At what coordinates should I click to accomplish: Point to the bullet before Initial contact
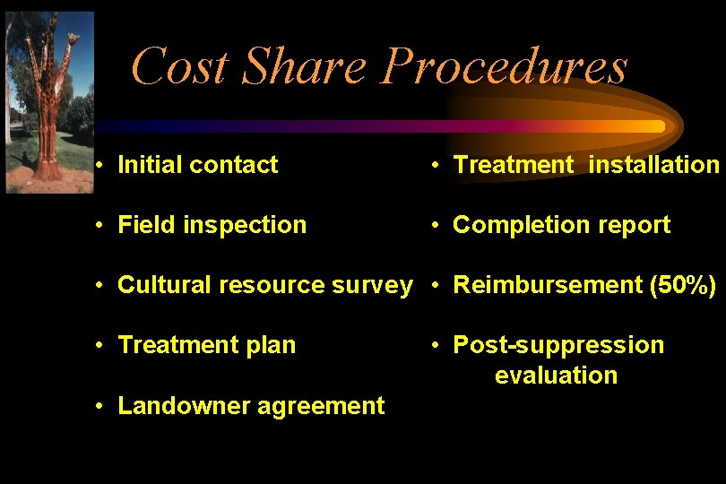[x=104, y=165]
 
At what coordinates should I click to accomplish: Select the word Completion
[x=510, y=225]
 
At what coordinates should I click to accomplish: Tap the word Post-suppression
[x=558, y=345]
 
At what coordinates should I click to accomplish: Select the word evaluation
[x=556, y=376]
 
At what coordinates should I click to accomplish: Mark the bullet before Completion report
[x=435, y=225]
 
